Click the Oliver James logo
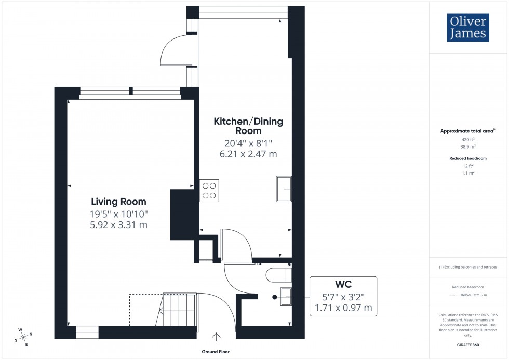pos(467,27)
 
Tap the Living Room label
pos(118,202)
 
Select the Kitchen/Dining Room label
pos(249,126)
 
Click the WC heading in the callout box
pos(343,284)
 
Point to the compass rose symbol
pos(24,337)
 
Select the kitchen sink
pos(284,188)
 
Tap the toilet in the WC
pos(279,274)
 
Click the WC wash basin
pos(286,296)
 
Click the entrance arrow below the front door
pos(216,337)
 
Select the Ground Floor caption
pos(216,352)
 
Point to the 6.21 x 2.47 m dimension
pos(249,154)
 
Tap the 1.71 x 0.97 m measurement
pos(343,308)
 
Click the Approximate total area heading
pos(467,131)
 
